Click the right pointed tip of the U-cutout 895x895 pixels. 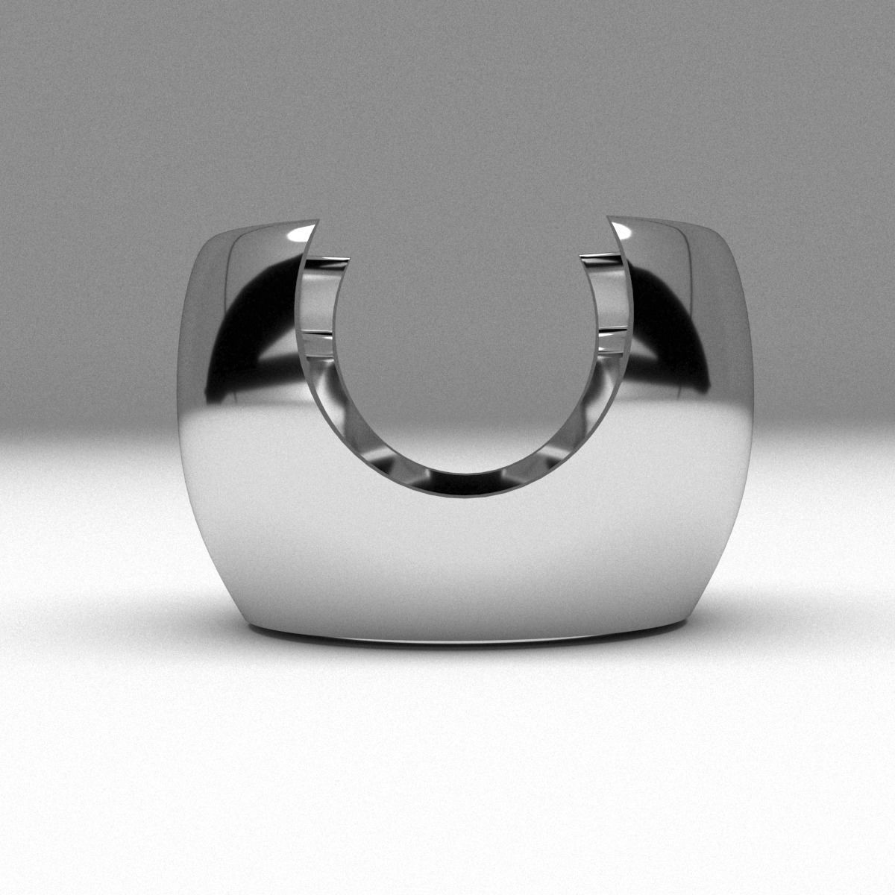(x=609, y=219)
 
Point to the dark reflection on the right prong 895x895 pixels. (x=671, y=313)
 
